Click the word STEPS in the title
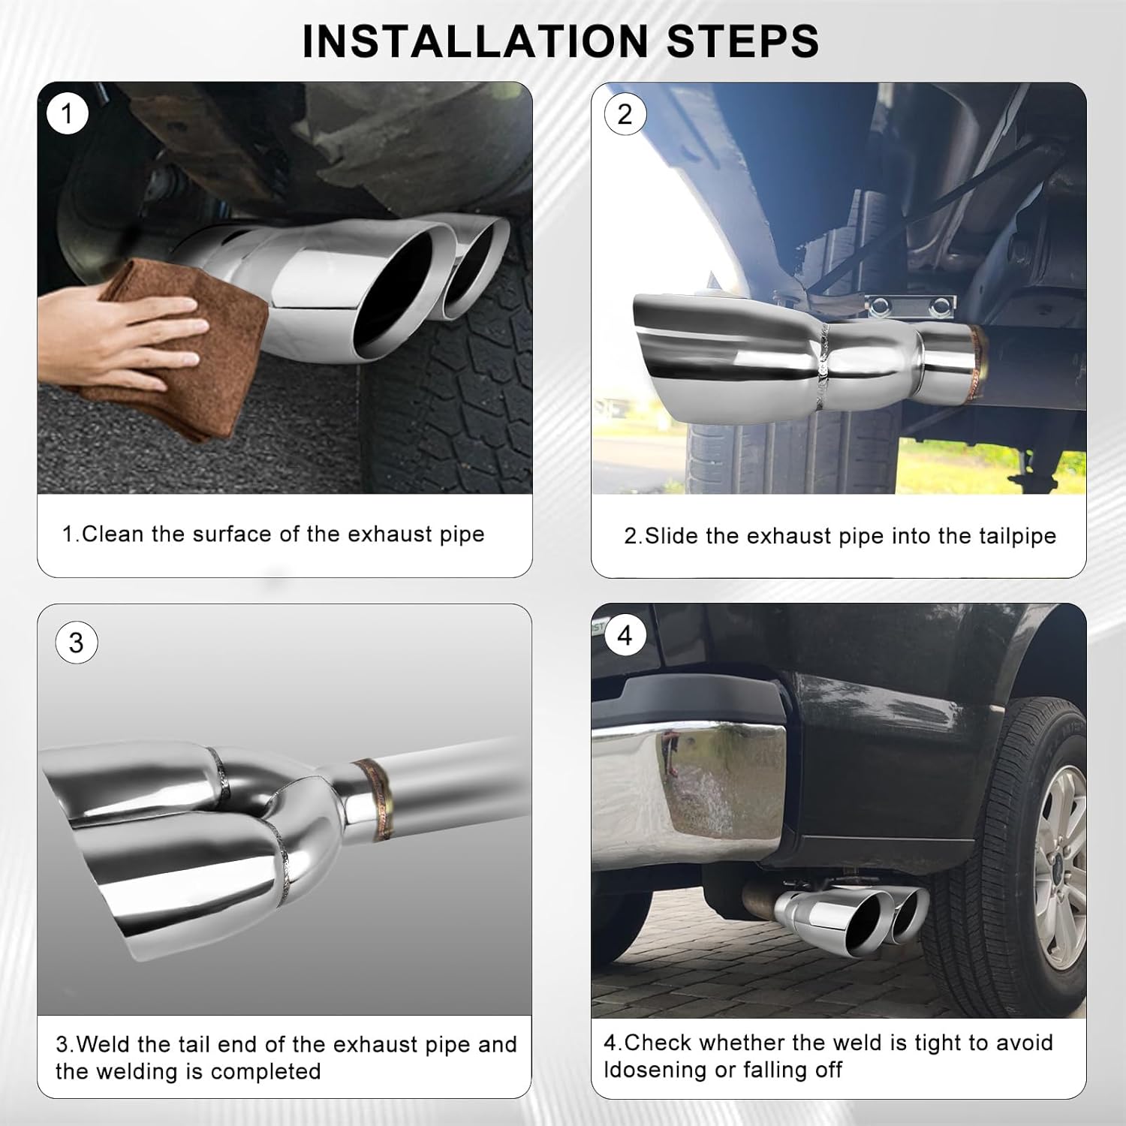point(743,41)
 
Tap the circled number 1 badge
point(68,114)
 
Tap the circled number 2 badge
point(625,114)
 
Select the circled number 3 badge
point(76,643)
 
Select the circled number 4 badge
point(625,636)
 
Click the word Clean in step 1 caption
point(113,534)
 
